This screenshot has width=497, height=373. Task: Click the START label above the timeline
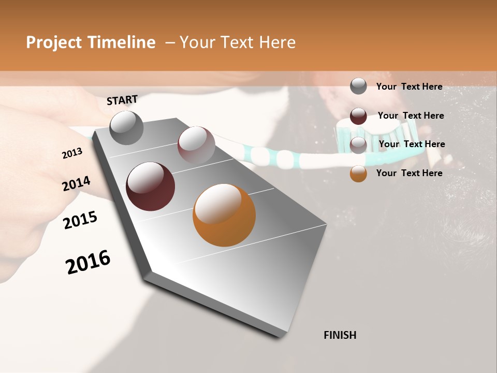coord(122,100)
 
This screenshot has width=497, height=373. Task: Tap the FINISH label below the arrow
coord(340,335)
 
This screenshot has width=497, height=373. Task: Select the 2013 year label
coord(72,153)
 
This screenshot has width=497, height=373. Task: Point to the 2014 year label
coord(76,184)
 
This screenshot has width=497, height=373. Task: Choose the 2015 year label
coord(80,220)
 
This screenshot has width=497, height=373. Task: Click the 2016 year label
coord(88,262)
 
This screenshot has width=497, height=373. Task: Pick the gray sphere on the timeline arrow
coord(126,127)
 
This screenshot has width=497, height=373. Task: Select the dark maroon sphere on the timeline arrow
coord(150,187)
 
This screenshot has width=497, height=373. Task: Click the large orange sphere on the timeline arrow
coord(224,215)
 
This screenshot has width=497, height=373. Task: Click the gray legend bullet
coord(358,87)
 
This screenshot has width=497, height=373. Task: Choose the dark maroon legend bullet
coord(358,116)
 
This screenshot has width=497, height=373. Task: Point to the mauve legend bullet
coord(358,145)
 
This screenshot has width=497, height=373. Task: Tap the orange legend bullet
coord(358,174)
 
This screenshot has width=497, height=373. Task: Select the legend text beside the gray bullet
coord(409,87)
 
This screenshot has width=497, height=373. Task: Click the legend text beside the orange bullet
coord(409,173)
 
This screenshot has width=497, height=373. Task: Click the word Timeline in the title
coord(122,42)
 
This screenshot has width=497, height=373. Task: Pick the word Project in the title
coord(54,42)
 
